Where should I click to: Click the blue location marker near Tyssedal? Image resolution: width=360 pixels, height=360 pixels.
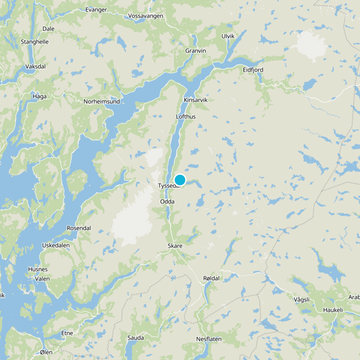click(180, 180)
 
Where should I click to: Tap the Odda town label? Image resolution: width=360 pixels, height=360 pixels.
click(167, 202)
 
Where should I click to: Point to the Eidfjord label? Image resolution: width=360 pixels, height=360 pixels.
click(253, 70)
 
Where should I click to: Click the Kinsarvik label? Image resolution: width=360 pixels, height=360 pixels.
click(196, 100)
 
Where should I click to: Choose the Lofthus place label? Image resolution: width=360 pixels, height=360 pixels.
click(186, 117)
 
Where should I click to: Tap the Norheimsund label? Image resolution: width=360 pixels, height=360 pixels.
click(102, 102)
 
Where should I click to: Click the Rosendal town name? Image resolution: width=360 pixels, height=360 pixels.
click(79, 228)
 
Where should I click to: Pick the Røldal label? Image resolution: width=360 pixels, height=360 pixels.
click(211, 279)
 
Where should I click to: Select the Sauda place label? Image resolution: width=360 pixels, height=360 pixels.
click(135, 337)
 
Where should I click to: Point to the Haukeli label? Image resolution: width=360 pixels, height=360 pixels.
click(333, 310)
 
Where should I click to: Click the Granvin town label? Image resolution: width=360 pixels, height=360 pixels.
click(196, 51)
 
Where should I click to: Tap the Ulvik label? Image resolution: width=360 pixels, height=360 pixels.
click(228, 36)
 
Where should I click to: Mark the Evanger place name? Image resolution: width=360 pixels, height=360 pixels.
click(96, 9)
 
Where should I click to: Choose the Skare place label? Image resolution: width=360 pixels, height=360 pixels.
click(175, 246)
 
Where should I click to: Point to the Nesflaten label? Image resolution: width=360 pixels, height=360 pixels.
click(209, 339)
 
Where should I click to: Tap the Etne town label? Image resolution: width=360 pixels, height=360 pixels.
click(67, 333)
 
